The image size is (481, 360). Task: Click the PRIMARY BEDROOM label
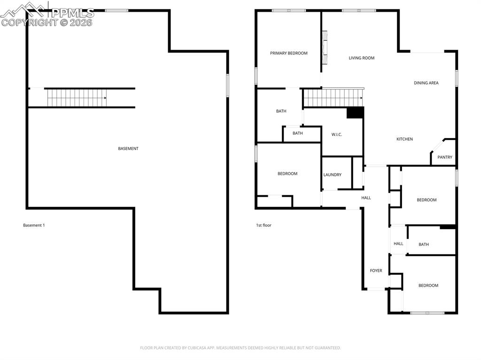tap(288, 53)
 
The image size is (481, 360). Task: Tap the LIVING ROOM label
tap(361, 58)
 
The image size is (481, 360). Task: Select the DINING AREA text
tap(426, 83)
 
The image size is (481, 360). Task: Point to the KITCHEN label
tap(404, 139)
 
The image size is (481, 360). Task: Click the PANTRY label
tap(445, 157)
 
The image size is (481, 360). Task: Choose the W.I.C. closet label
tap(336, 135)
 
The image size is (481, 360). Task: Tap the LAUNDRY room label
tap(332, 175)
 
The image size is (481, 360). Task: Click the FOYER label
tap(376, 271)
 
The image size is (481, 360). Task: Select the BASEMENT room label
tap(128, 149)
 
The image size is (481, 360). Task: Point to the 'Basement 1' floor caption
tap(34, 225)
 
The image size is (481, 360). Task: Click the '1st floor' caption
tap(264, 225)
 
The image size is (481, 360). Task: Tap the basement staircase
tap(77, 98)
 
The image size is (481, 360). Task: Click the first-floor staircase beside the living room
tap(333, 98)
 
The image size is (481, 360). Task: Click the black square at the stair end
tap(355, 113)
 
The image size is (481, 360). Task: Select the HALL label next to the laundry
tap(366, 198)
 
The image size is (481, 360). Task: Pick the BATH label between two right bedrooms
tap(423, 245)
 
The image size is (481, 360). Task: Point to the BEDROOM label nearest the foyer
tap(428, 285)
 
